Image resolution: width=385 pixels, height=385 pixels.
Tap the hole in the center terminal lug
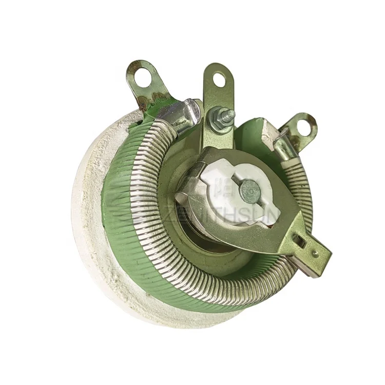(219, 79)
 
